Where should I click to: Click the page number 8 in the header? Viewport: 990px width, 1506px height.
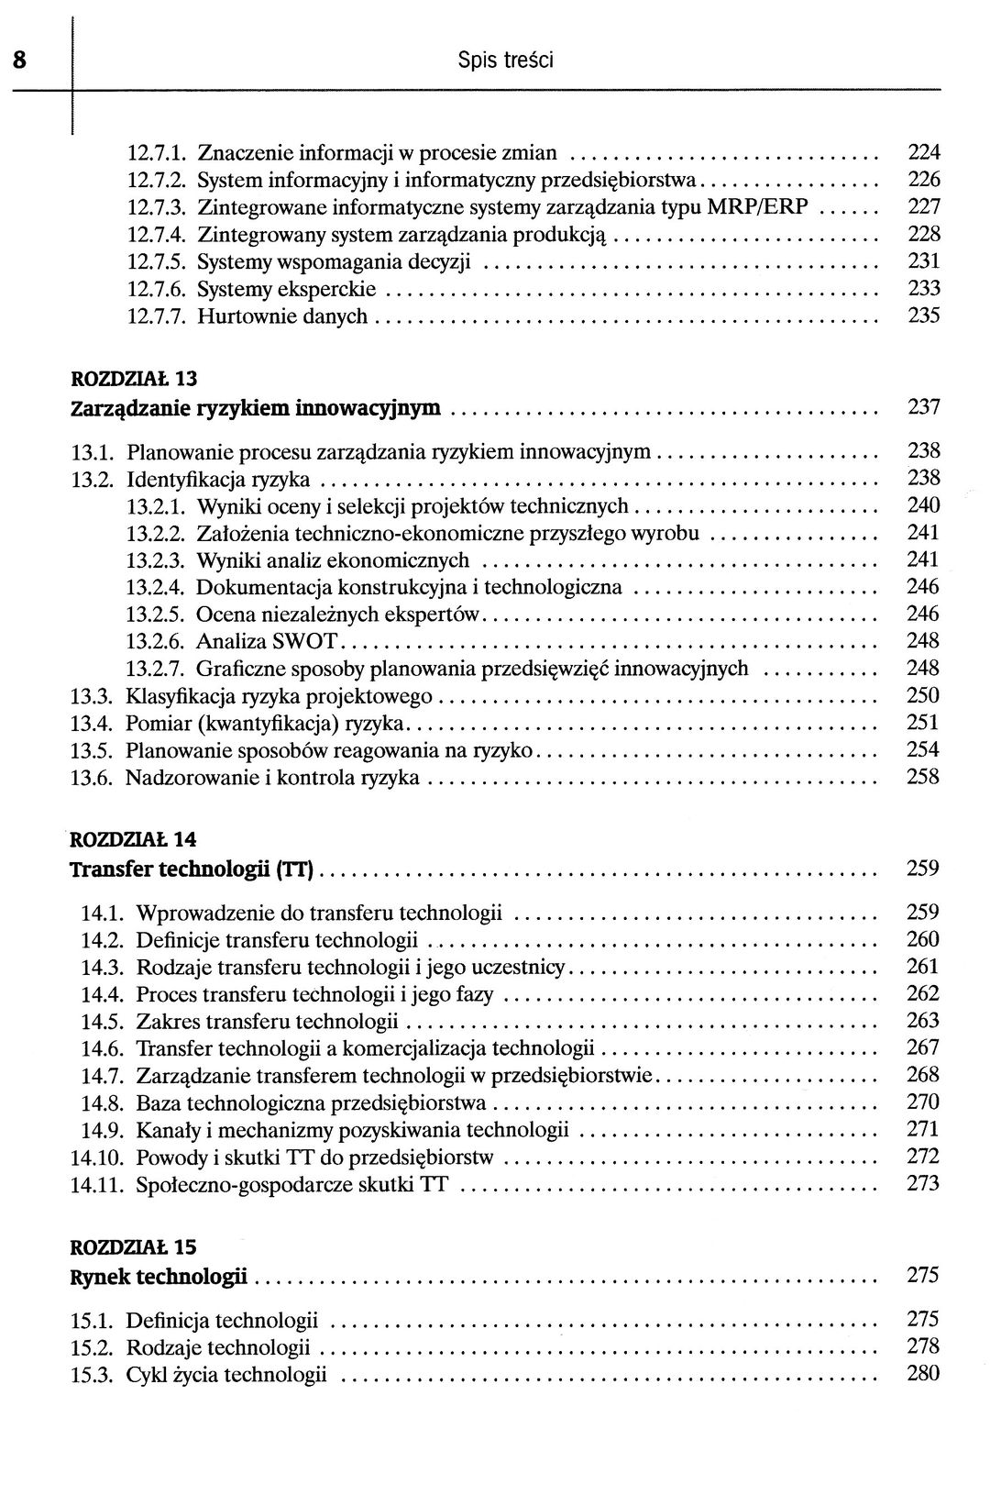18,61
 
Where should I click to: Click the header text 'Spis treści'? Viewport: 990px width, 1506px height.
505,61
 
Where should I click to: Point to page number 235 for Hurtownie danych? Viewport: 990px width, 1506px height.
924,316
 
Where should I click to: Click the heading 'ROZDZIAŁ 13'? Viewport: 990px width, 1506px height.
134,378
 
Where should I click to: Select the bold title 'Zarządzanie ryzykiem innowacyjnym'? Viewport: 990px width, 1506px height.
256,407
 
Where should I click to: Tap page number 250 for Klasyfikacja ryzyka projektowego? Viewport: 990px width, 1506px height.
923,695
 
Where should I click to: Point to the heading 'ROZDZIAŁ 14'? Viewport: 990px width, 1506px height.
134,838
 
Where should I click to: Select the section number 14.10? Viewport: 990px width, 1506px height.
97,1157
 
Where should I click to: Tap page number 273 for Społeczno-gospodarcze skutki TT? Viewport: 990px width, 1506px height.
923,1183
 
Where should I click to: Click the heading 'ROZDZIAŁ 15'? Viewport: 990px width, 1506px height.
134,1247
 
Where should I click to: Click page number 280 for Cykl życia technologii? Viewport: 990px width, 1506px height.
923,1373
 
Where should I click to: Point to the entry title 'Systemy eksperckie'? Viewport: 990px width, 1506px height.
287,290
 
